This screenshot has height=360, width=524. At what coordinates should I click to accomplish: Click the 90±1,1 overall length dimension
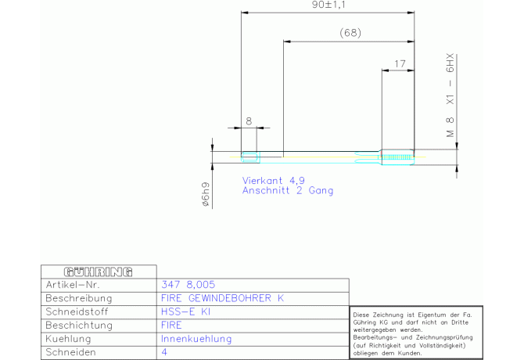click(x=328, y=5)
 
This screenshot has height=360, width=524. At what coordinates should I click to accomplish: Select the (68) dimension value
click(x=350, y=33)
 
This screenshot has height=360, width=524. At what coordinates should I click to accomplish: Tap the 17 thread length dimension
click(x=400, y=63)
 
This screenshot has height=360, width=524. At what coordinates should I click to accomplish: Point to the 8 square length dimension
click(x=249, y=121)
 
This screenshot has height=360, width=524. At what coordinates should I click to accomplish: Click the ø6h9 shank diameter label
click(x=206, y=194)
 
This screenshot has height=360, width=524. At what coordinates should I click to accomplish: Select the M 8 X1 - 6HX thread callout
click(x=450, y=95)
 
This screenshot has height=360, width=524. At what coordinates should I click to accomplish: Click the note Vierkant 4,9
click(x=274, y=181)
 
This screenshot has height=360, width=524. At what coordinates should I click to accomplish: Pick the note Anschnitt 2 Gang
click(x=288, y=190)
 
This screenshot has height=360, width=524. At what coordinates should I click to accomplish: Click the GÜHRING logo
click(x=98, y=272)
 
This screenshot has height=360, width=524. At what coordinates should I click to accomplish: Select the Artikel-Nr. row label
click(x=73, y=285)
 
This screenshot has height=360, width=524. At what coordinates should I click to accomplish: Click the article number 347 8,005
click(x=188, y=285)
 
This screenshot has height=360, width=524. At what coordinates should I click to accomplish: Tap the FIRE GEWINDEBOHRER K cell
click(x=223, y=298)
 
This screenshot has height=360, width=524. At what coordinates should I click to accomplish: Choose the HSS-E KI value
click(x=185, y=311)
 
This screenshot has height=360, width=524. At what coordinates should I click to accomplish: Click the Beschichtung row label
click(x=79, y=326)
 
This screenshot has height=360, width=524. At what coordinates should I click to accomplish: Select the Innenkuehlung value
click(x=196, y=339)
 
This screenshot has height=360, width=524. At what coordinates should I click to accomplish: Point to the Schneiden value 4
click(x=164, y=352)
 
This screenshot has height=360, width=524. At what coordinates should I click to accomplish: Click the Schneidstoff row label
click(x=77, y=311)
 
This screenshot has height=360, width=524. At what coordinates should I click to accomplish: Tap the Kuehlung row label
click(x=68, y=339)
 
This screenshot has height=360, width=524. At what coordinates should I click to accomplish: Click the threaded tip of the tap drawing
click(x=397, y=157)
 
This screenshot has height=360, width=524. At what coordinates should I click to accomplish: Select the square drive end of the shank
click(x=250, y=157)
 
